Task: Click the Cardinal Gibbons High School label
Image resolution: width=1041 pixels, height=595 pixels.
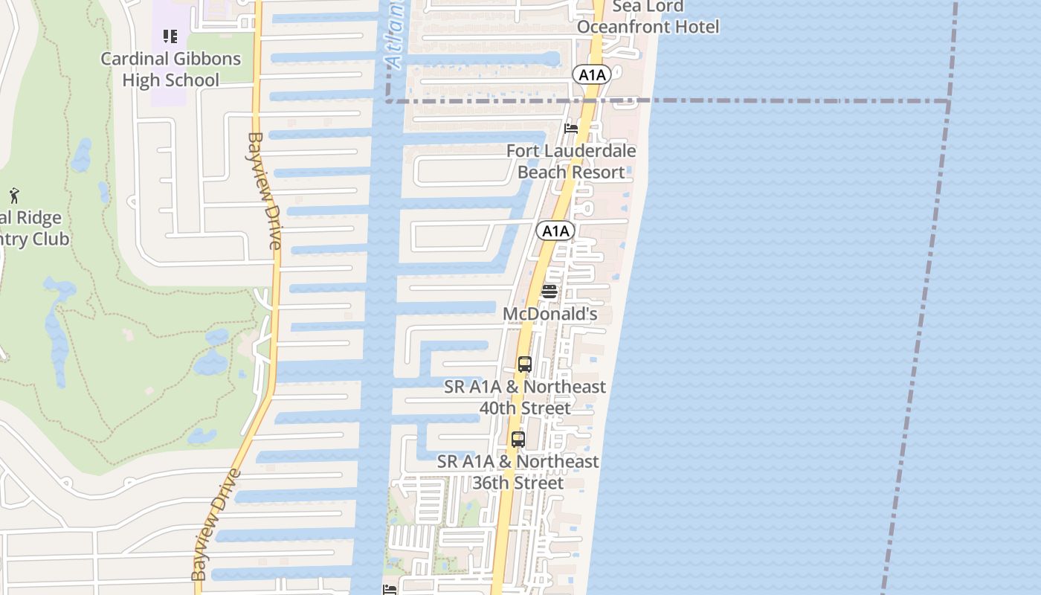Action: pyautogui.click(x=171, y=69)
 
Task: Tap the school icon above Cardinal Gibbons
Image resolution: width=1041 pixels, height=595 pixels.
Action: pyautogui.click(x=170, y=36)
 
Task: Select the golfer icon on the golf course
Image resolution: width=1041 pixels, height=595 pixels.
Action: pyautogui.click(x=14, y=196)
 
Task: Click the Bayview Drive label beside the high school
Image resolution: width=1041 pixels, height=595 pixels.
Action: pyautogui.click(x=265, y=191)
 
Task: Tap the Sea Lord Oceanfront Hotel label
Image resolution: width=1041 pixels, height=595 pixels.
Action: pyautogui.click(x=648, y=17)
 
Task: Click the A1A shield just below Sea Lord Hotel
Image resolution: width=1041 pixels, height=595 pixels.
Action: pyautogui.click(x=592, y=74)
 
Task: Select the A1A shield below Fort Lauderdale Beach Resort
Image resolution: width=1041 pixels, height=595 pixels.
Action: pyautogui.click(x=555, y=231)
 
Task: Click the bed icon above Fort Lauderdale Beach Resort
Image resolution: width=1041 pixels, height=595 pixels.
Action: pyautogui.click(x=571, y=128)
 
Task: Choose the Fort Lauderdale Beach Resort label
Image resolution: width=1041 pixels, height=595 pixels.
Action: pyautogui.click(x=571, y=161)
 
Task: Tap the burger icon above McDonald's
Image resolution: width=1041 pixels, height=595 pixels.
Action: pyautogui.click(x=549, y=292)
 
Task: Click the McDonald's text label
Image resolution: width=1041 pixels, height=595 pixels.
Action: pyautogui.click(x=550, y=315)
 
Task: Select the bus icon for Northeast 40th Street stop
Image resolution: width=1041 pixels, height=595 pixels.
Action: pyautogui.click(x=524, y=364)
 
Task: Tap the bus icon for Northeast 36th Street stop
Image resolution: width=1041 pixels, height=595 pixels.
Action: pyautogui.click(x=518, y=440)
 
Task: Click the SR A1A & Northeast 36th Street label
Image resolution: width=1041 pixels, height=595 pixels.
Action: pyautogui.click(x=518, y=472)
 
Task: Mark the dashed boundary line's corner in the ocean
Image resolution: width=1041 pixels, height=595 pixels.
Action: pyautogui.click(x=949, y=100)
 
